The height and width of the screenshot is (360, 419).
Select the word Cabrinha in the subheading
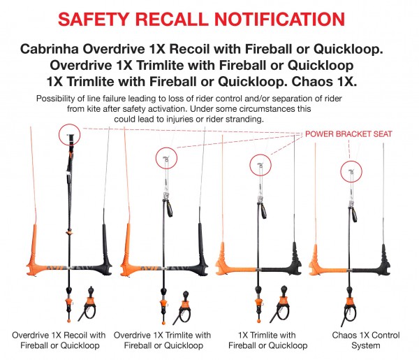coord(50,49)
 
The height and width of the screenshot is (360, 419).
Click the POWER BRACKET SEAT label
coord(348,134)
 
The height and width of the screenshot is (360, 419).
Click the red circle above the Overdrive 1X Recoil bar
coord(69,135)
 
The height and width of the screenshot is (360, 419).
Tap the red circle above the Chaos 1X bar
coord(351,172)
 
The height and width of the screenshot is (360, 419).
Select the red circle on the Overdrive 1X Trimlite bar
coord(166,158)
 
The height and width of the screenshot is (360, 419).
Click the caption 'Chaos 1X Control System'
coord(366,340)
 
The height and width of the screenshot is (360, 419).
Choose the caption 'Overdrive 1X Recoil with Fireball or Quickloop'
coord(59,340)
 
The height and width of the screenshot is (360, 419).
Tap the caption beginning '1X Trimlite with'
coord(267,340)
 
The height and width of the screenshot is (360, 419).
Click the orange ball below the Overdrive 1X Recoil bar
coord(69,320)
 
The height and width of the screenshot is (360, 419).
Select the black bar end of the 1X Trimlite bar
coord(295,259)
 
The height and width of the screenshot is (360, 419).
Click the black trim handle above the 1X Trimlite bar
coord(263,211)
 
